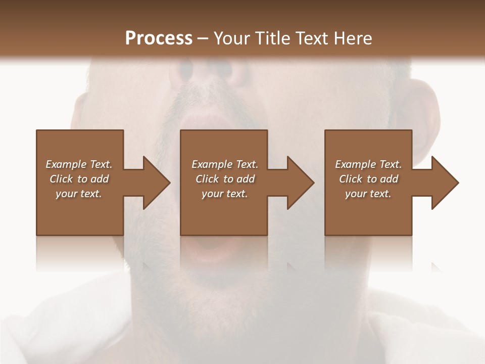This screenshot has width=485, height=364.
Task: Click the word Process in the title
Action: coord(159,38)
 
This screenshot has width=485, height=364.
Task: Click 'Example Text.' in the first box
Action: coord(79,164)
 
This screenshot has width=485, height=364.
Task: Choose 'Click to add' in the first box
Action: coord(79,179)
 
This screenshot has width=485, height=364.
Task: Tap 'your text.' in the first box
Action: coord(79,194)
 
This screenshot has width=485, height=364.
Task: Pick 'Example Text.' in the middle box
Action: coord(224,164)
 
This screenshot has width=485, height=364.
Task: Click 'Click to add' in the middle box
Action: coord(224,179)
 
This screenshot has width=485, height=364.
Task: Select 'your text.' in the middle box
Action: coord(224,194)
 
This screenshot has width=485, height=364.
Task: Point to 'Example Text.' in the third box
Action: coord(368,164)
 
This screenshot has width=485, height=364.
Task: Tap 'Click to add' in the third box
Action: coord(368,179)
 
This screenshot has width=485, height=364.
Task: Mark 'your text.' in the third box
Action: coord(368,194)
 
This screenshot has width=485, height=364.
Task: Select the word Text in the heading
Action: coord(311,38)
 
